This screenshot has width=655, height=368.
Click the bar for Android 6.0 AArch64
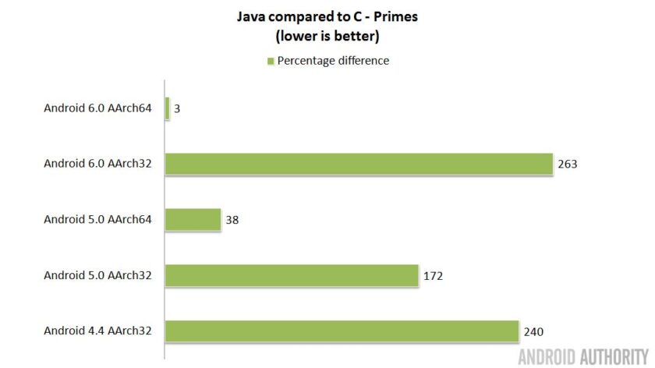pos(167,108)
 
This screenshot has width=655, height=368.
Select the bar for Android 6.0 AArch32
pos(359,164)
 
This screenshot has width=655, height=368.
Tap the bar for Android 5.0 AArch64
pos(193,219)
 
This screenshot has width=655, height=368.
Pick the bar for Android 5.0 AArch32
pos(292,275)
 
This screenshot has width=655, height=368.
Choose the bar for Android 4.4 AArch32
pos(342,331)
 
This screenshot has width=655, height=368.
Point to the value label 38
pos(232,220)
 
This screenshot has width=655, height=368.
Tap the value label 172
pos(434,276)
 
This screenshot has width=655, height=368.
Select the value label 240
pos(533,331)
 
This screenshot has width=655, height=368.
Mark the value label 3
pos(177,109)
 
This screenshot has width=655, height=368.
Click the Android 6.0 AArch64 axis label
pos(97,108)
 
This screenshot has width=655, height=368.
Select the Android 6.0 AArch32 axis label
pos(97,164)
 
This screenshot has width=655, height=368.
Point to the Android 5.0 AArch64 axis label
pos(97,219)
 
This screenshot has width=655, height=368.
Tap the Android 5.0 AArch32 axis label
pos(97,275)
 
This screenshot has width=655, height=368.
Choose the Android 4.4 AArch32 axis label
pos(97,331)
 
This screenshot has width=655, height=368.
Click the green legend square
pos(271,61)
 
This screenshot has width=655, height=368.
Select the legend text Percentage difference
pos(333,61)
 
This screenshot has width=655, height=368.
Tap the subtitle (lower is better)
pos(327,36)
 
